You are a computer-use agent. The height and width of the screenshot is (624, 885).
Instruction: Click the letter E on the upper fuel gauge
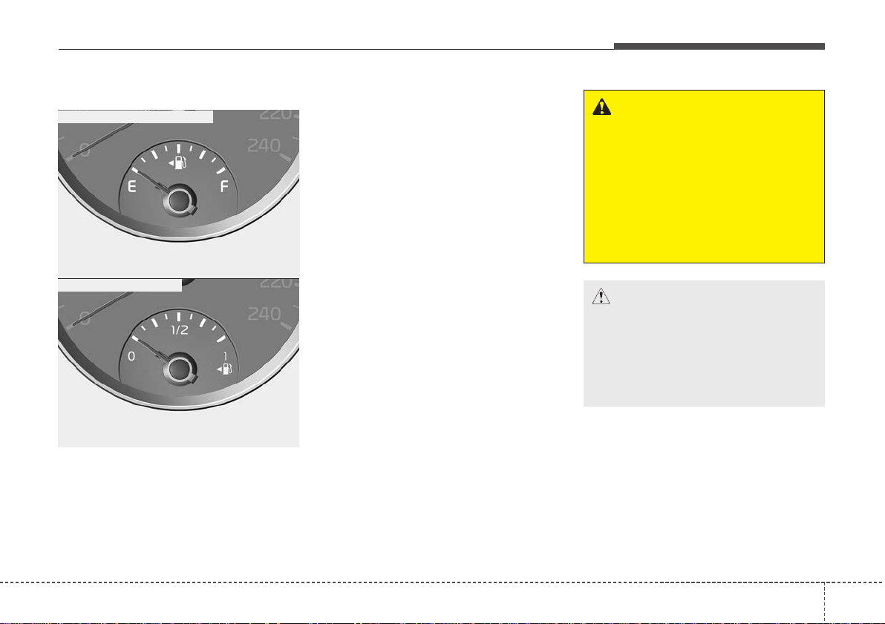point(132,187)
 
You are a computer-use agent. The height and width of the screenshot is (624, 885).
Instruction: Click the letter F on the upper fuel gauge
point(224,187)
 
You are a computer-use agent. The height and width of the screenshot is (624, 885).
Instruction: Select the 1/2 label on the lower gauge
point(180,330)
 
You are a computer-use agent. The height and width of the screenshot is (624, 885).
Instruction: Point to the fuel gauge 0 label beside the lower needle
point(131,356)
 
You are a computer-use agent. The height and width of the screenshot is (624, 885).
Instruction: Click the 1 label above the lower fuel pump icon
point(225,356)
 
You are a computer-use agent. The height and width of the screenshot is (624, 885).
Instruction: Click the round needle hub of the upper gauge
point(179,200)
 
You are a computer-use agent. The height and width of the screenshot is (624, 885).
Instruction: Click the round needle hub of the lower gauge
point(179,369)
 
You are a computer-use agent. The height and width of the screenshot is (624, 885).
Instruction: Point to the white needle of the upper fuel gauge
point(149,180)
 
